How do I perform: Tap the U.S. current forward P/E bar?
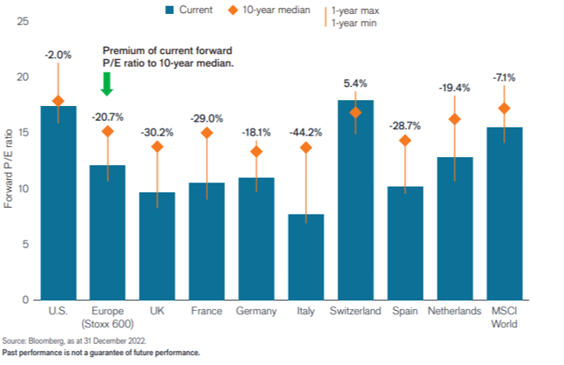[58, 202]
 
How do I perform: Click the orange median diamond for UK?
[158, 146]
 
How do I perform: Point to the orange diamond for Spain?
[405, 141]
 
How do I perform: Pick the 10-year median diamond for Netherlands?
[454, 119]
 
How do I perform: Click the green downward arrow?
[107, 83]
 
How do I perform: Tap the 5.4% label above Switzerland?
[355, 83]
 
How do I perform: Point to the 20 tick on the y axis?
[24, 77]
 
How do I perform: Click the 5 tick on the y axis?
[26, 244]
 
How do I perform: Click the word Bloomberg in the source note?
[41, 340]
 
